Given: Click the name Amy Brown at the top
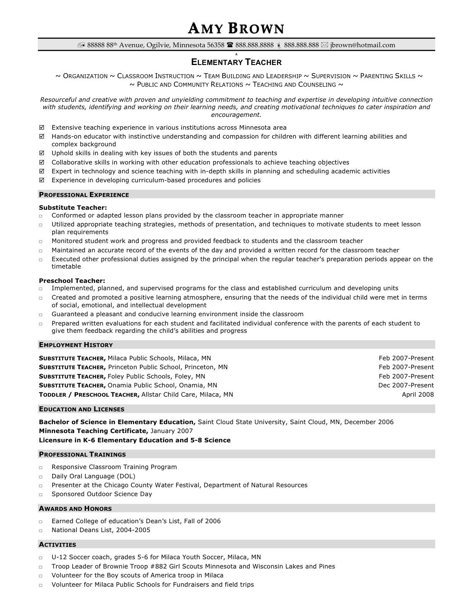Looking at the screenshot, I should [x=236, y=28].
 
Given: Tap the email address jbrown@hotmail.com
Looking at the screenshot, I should [x=362, y=45].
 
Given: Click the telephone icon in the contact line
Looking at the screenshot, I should [x=230, y=45].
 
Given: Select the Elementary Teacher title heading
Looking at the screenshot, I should [x=236, y=62].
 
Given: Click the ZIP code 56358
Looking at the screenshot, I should [x=216, y=45].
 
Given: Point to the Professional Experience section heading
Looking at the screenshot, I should [x=84, y=195].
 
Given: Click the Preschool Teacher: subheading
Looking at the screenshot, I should [x=72, y=281].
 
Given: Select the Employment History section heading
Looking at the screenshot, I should [x=76, y=345].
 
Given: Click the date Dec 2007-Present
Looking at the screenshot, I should [x=406, y=385].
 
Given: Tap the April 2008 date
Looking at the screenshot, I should [x=418, y=394].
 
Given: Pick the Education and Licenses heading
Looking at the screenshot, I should [x=82, y=409].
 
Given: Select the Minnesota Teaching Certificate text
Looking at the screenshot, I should [x=93, y=431].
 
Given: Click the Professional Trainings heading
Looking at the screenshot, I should [x=82, y=454].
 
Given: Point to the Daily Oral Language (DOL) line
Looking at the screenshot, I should [x=93, y=476].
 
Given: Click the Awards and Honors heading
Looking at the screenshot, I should [x=75, y=509].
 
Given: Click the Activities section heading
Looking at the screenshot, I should [x=58, y=545].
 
